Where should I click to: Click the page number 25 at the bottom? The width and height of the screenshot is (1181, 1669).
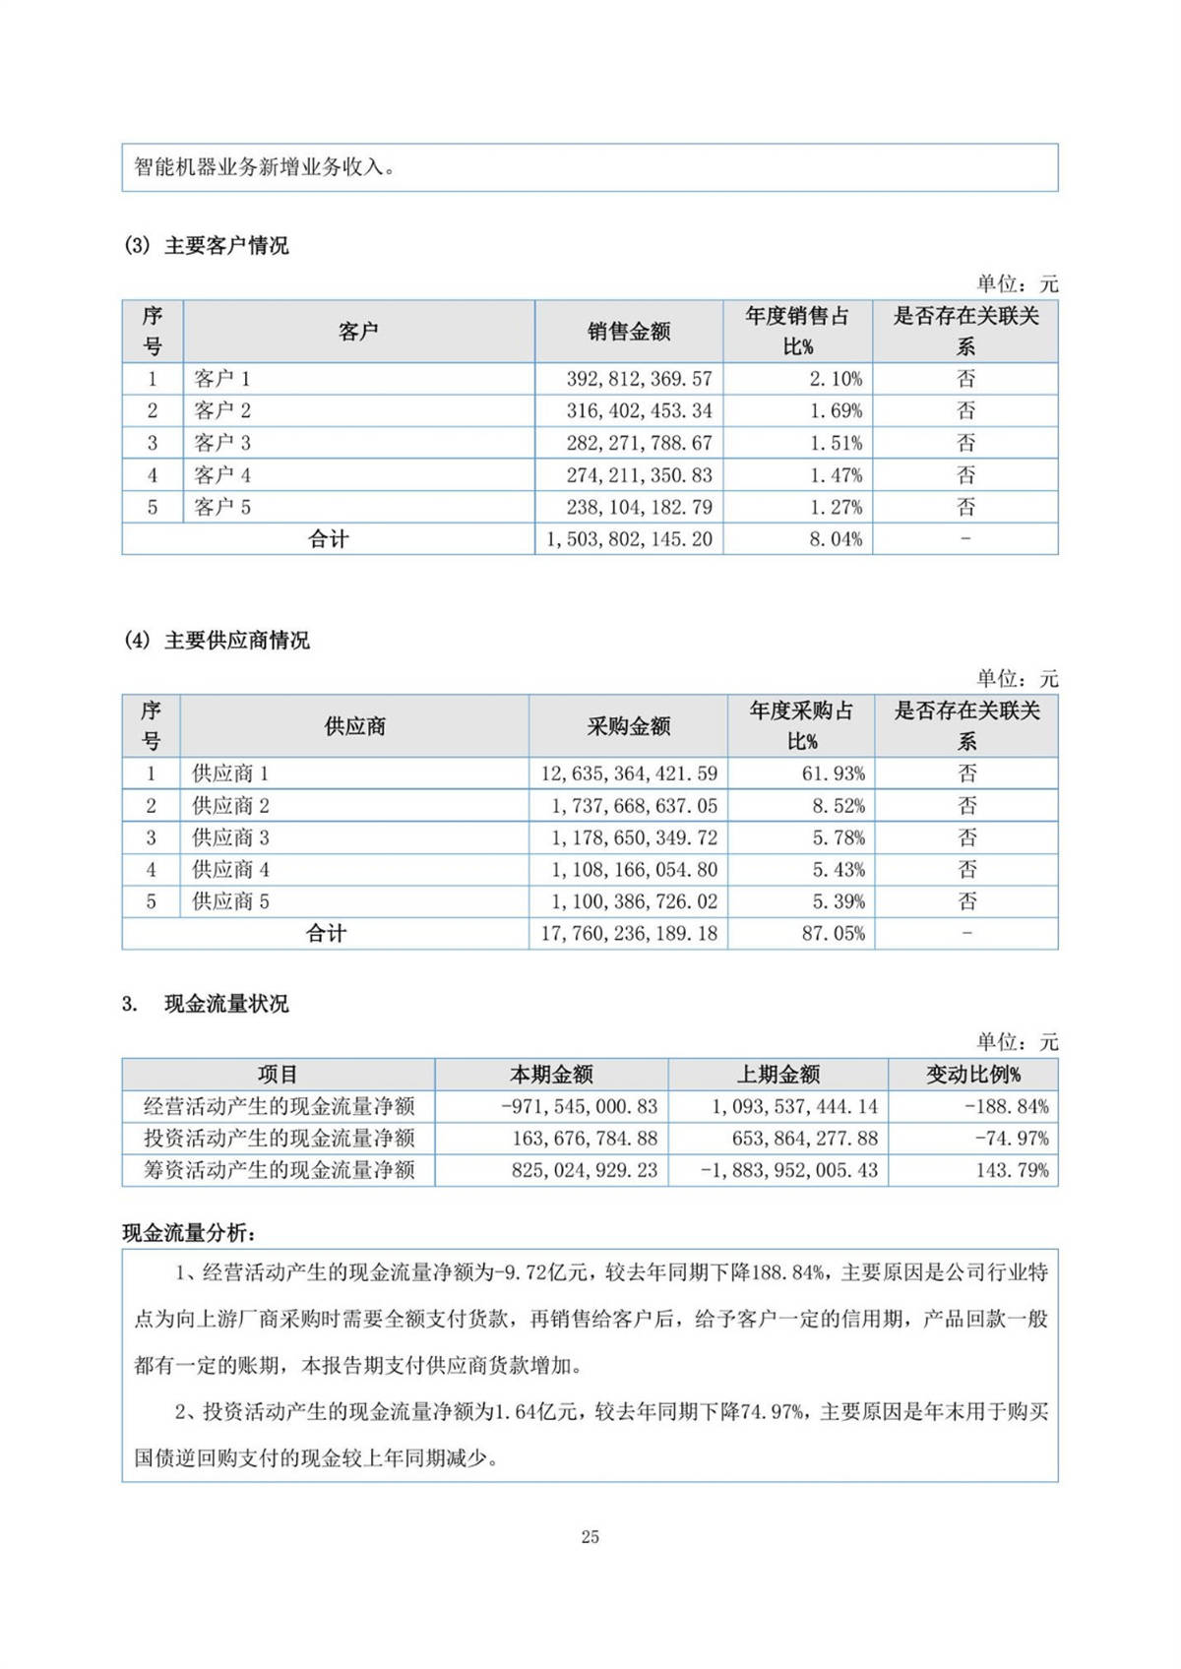click(x=590, y=1537)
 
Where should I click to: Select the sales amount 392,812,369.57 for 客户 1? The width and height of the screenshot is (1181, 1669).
click(x=639, y=379)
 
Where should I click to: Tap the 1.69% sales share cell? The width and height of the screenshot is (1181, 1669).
click(x=836, y=411)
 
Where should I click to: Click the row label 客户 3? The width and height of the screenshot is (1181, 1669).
click(x=222, y=443)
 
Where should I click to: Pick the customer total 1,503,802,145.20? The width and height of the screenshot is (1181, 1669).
click(x=629, y=539)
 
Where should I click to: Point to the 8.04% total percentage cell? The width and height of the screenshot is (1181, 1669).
click(x=836, y=539)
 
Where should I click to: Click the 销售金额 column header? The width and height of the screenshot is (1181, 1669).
click(x=629, y=332)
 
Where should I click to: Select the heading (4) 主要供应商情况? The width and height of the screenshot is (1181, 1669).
click(x=218, y=641)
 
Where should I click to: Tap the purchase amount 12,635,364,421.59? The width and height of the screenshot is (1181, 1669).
click(x=629, y=773)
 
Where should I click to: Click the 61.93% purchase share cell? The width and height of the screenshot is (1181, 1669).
click(x=833, y=773)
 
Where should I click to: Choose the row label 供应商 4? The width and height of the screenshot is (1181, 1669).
click(x=230, y=870)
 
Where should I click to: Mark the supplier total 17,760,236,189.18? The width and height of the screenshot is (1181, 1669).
click(x=629, y=934)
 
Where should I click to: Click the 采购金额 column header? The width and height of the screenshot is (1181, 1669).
click(x=629, y=726)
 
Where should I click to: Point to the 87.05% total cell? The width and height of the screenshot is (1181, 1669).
click(x=833, y=934)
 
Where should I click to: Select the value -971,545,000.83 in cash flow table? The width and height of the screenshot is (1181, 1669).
click(x=579, y=1106)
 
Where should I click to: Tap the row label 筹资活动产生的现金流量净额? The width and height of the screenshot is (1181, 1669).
click(x=280, y=1170)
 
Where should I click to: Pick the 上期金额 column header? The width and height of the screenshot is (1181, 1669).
click(x=778, y=1075)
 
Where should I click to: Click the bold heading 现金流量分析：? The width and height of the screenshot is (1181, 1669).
click(x=189, y=1232)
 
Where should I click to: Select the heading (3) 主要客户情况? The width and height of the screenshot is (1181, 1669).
click(x=207, y=246)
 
